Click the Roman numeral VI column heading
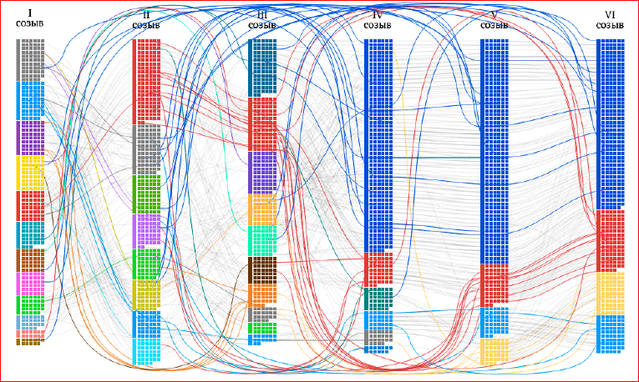[610, 15]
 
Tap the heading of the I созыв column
[30, 18]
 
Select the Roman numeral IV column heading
[378, 16]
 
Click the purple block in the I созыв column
[30, 138]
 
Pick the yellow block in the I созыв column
[30, 173]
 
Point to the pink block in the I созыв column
[30, 284]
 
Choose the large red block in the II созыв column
[147, 82]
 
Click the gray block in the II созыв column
[147, 149]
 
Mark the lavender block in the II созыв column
[147, 231]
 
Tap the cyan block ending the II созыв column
[147, 351]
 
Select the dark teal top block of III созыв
[262, 68]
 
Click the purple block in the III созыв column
[262, 173]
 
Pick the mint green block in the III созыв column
[262, 241]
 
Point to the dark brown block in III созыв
[262, 269]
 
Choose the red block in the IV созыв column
[378, 269]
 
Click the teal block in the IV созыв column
[378, 299]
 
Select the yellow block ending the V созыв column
[494, 350]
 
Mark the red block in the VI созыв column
[611, 241]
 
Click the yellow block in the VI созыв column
[611, 294]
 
